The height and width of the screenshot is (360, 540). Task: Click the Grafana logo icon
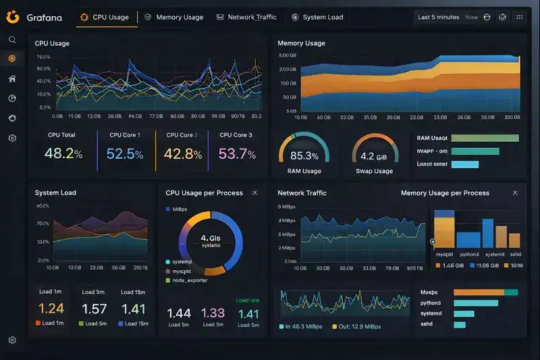(12, 17)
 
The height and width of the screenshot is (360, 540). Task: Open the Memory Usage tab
(179, 18)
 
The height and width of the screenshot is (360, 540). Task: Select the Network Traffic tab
(252, 18)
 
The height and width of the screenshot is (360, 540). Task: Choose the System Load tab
(323, 18)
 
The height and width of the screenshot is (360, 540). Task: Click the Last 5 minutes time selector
(438, 18)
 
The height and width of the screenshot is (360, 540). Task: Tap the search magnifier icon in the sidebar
(12, 40)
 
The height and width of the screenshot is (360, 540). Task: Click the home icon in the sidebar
(12, 78)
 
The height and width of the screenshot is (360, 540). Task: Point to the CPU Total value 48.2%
(63, 154)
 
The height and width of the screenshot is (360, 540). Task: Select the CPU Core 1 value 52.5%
(125, 154)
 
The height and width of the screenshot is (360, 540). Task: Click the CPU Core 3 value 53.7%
(237, 154)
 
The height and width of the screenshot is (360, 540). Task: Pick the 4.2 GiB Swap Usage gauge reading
(374, 156)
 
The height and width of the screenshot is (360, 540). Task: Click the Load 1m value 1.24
(51, 309)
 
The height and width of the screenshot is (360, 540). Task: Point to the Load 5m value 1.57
(94, 309)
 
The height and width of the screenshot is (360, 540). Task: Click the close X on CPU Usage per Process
(254, 193)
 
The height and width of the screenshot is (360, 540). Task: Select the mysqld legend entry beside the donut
(182, 271)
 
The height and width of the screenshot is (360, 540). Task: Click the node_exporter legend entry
(190, 280)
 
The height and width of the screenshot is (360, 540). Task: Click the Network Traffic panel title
(302, 193)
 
